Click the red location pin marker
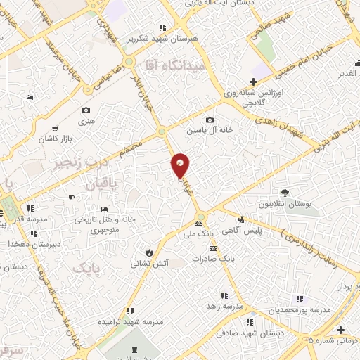point(181,166)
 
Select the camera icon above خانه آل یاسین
point(210,120)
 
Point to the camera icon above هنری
point(86,110)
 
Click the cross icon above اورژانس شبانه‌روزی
point(253,82)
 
